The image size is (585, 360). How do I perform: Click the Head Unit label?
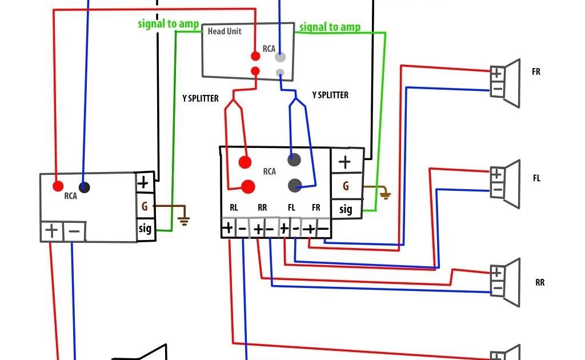click(224, 31)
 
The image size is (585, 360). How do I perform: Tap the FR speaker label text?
click(536, 71)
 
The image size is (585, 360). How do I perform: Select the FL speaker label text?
click(536, 178)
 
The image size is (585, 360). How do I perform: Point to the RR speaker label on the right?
click(539, 282)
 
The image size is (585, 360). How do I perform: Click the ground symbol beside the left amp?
click(183, 221)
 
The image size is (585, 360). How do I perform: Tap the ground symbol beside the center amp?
click(386, 194)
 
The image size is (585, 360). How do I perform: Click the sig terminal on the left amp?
click(145, 229)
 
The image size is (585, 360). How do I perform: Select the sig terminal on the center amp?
click(346, 209)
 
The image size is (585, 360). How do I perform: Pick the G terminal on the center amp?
click(346, 186)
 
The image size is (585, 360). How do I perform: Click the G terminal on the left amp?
click(145, 206)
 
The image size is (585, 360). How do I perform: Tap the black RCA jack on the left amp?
click(85, 187)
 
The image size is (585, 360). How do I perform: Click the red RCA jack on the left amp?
click(58, 186)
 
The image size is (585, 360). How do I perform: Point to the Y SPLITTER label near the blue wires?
click(330, 95)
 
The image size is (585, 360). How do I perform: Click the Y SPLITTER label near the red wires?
click(201, 98)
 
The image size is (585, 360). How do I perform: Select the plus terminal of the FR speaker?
click(496, 74)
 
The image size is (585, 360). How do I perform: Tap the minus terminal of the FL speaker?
click(497, 190)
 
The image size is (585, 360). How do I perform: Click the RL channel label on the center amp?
click(234, 207)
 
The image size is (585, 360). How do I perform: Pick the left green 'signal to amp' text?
click(169, 24)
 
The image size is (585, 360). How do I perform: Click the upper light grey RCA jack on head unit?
click(280, 57)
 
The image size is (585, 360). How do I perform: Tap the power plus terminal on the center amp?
click(344, 162)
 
